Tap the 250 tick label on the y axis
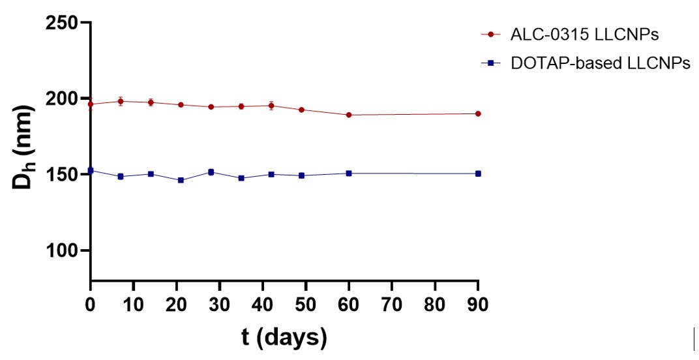62,23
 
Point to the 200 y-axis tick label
62,98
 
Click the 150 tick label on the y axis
62,175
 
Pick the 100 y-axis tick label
62,250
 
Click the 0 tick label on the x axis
91,304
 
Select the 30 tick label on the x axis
220,304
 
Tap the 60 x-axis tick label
349,304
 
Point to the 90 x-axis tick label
478,304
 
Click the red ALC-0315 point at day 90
478,113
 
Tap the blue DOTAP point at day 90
478,173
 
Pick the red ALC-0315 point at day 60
349,115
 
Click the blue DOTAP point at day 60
349,173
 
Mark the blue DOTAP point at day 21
181,180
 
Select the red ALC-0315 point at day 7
121,101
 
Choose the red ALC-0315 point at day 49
301,110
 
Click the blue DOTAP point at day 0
91,170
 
